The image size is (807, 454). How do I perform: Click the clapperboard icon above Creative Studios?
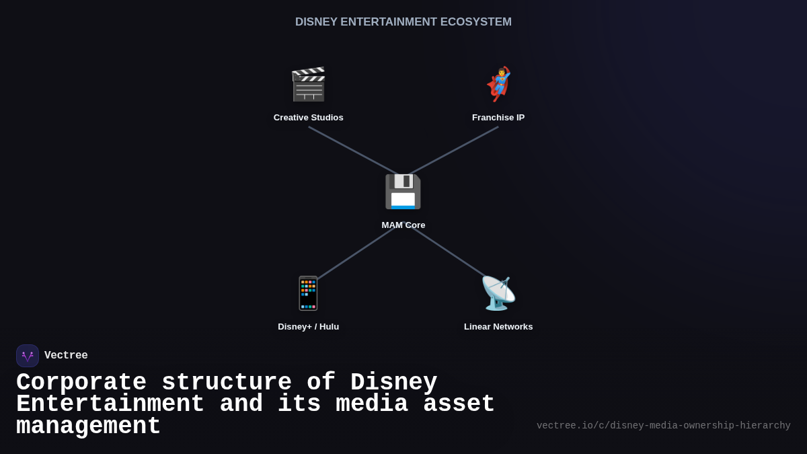tap(308, 85)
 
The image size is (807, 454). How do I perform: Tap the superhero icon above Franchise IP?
tap(498, 85)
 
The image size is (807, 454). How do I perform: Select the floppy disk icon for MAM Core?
tap(403, 192)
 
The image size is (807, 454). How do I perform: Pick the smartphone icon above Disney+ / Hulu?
tap(308, 293)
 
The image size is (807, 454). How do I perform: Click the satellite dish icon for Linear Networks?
tap(498, 293)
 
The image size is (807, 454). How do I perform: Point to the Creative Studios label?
tap(308, 118)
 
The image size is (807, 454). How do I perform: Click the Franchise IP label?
tap(498, 118)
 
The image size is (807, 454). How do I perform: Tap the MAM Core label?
tap(403, 225)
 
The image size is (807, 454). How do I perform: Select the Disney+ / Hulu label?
tap(308, 327)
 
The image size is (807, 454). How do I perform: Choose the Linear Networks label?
tap(498, 327)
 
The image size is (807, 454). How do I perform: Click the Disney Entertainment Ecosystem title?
tap(403, 22)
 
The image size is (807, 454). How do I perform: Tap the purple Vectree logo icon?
tap(28, 356)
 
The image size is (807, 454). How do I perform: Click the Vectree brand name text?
tap(66, 356)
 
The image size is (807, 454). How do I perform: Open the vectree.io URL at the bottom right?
tap(663, 426)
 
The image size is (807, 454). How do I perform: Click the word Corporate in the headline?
tap(81, 383)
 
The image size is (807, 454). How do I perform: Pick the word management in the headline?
tap(88, 426)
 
